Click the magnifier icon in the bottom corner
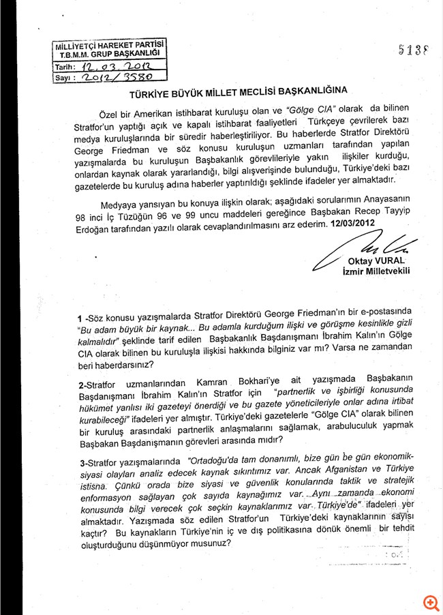[x=429, y=602]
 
